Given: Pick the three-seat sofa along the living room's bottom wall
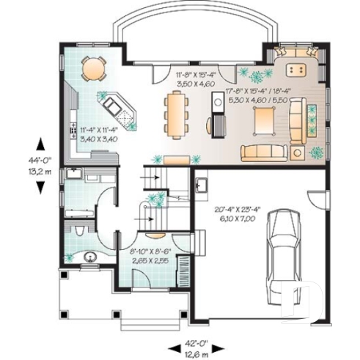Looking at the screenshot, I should point(262,153).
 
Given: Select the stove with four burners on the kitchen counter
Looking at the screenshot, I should point(73,133).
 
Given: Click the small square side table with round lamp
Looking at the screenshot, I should point(296,152).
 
